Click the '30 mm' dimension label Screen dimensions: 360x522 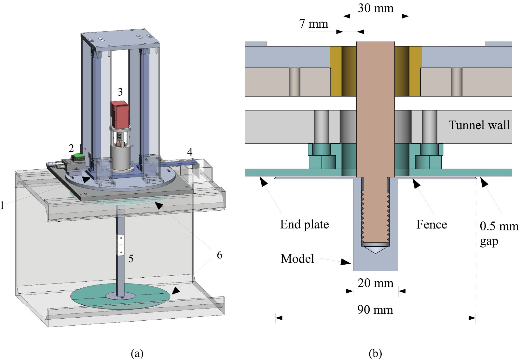376,8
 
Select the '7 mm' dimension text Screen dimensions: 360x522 313,24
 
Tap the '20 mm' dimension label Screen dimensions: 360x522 375,283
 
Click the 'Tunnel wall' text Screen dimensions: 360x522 479,125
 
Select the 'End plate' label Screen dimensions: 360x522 304,225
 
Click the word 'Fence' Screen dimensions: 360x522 432,225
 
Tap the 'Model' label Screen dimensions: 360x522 297,259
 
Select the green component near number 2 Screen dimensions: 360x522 78,158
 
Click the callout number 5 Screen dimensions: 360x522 131,259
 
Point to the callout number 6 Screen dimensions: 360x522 220,255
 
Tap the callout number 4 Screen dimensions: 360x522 190,152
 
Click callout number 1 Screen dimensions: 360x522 2,205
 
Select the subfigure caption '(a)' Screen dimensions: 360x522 137,353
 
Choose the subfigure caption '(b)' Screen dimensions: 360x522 375,353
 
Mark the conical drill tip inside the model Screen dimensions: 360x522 375,249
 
